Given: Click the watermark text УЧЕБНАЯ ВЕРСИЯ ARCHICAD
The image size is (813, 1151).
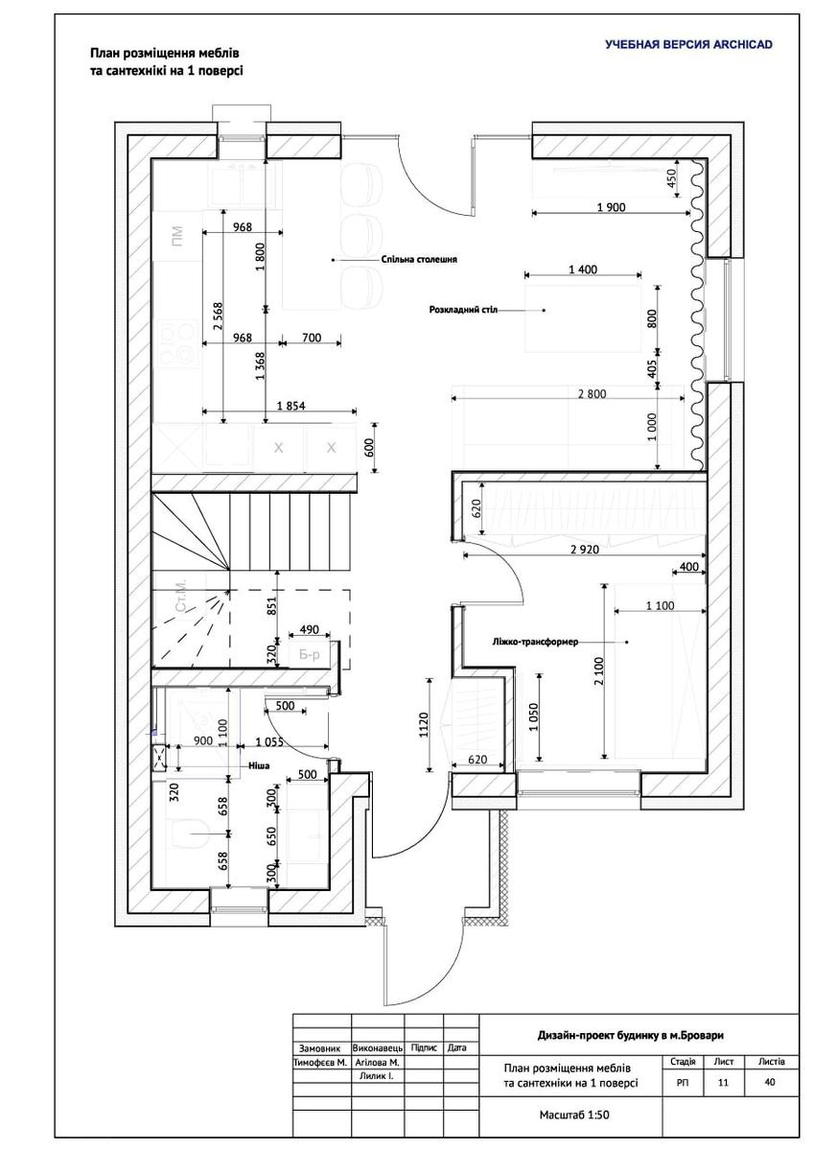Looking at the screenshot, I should (x=688, y=44).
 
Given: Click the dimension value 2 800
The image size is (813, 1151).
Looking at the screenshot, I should (x=592, y=393).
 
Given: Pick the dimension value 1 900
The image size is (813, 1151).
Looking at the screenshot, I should (x=611, y=207).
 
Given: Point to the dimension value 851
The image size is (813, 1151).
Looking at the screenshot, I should (x=271, y=604).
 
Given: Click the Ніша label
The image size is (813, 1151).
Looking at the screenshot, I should (x=259, y=766).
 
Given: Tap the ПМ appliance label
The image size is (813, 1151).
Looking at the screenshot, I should (x=176, y=235).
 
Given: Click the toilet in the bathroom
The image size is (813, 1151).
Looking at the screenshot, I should (x=182, y=834).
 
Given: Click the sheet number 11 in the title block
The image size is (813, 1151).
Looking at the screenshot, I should (x=723, y=1082).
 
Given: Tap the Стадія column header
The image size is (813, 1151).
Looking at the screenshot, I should (x=684, y=1062).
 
